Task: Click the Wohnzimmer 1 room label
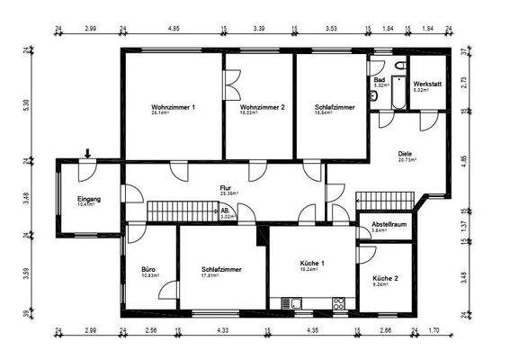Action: tap(174, 107)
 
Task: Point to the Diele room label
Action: tap(404, 154)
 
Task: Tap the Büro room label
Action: tap(148, 269)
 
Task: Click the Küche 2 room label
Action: tap(385, 279)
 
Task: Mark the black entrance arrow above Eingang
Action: tap(87, 155)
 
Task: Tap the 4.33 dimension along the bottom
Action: tap(222, 332)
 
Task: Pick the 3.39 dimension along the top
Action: tap(259, 30)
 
